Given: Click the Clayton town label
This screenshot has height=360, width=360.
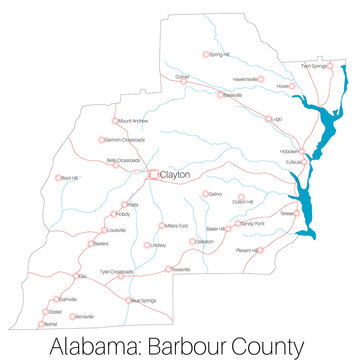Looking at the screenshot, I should tap(175, 174).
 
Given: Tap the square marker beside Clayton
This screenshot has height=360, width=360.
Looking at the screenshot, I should tap(154, 175).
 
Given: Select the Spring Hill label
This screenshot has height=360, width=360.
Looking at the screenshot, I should tap(219, 54).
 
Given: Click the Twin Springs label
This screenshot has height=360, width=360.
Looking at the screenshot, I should tap(313, 66).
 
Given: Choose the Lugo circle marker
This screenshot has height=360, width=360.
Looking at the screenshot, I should tap(268, 118).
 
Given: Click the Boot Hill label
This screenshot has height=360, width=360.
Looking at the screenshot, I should tap(69, 177).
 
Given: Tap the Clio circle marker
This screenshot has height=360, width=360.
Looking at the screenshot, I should tap(76, 277).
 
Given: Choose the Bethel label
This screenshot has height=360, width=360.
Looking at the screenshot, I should tap(51, 325).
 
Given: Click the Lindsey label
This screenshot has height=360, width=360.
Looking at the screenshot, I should tap(157, 244).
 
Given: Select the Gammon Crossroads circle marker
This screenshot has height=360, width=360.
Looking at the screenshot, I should tap(100, 140).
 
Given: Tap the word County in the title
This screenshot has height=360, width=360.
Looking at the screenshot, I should tap(265, 346).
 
